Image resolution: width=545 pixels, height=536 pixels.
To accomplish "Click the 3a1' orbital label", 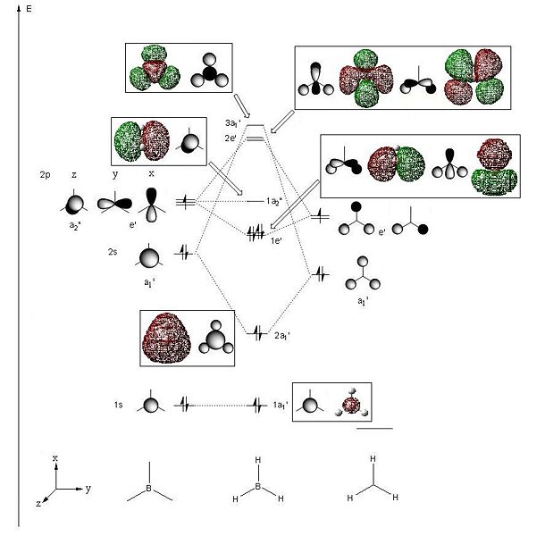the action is (232, 123).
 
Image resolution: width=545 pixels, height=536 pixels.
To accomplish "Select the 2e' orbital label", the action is (231, 138).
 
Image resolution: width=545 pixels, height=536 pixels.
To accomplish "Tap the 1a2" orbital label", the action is (274, 201).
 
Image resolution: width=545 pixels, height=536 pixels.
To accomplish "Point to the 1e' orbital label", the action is (276, 240).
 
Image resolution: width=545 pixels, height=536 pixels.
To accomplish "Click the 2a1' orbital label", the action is (282, 336).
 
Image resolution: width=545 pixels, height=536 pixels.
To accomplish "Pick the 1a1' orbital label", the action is (281, 405).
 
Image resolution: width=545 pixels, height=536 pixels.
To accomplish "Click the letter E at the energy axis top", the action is (29, 8).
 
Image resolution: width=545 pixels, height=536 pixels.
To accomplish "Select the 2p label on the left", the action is (45, 174).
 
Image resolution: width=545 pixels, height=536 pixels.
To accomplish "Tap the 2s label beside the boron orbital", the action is (113, 252).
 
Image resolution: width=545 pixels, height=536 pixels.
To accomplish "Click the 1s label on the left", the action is (118, 405).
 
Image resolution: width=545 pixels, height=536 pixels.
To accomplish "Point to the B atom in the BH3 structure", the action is (258, 486).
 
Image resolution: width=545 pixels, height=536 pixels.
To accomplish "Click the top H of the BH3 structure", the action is (258, 460).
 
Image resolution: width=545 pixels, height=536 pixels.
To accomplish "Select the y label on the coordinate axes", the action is (88, 489).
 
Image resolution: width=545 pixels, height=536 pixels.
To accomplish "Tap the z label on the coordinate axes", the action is (38, 503).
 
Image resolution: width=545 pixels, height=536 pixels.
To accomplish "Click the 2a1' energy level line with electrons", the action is (257, 334).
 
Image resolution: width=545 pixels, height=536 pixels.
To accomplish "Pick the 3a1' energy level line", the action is (256, 125).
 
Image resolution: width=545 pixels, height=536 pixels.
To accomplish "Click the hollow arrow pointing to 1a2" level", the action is (225, 179).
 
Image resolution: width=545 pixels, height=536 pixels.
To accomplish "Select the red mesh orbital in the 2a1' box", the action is (166, 339).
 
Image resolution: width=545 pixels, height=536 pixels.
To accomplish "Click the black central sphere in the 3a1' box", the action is (210, 73).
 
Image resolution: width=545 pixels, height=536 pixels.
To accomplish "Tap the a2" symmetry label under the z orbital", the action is (75, 226).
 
